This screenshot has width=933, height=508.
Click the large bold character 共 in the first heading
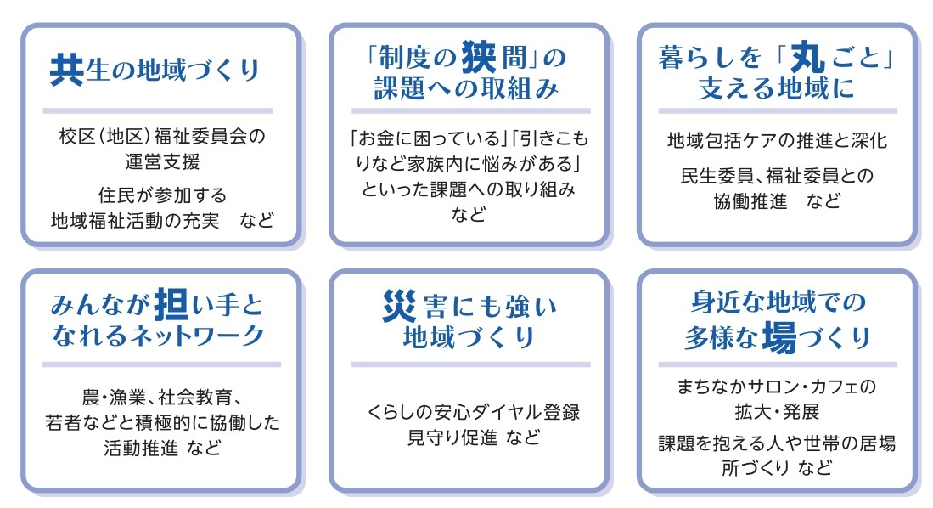pos(66,70)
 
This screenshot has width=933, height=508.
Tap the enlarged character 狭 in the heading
pos(479,57)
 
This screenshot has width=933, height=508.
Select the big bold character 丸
pos(807,57)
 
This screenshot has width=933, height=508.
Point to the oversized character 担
pos(171,304)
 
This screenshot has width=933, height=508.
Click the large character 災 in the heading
pos(399,306)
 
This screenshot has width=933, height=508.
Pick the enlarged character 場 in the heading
pos(779,337)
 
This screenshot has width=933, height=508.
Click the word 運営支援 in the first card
pos(162,161)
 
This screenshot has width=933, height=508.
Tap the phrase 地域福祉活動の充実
pos(135,220)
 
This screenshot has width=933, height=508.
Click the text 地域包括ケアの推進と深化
pos(777,140)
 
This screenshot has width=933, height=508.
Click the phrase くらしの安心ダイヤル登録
pos(473,412)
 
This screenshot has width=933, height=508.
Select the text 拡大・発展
pos(777,411)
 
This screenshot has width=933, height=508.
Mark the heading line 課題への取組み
pos(467,88)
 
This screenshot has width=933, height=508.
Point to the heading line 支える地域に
pos(777,88)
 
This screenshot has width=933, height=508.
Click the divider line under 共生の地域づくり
pos(158,110)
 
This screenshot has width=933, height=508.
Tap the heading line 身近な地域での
pos(778,302)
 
